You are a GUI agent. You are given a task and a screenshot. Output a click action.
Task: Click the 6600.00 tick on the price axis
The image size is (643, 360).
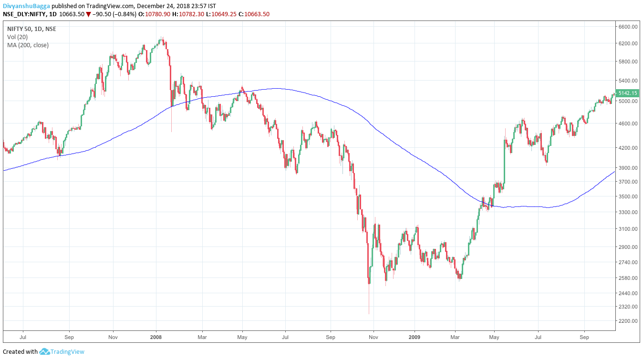[627, 27]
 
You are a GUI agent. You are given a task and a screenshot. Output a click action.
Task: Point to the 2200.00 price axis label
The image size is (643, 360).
[627, 321]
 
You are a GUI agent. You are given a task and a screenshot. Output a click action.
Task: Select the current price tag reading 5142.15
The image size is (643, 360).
[628, 93]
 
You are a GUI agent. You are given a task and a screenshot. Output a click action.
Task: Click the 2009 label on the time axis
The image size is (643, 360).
[415, 337]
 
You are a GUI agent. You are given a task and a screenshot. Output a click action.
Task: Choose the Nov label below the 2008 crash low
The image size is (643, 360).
[374, 337]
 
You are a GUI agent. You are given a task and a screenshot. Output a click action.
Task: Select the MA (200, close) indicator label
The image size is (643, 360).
[28, 45]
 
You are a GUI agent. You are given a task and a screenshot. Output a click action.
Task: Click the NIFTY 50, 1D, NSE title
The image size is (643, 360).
[31, 29]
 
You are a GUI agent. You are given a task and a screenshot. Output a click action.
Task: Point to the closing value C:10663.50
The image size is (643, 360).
[254, 14]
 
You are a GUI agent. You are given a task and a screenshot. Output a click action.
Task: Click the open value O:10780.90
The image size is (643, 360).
[154, 14]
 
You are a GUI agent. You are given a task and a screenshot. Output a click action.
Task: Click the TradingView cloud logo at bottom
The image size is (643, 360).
[44, 352]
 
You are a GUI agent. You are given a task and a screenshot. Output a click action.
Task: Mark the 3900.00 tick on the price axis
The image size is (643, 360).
[627, 168]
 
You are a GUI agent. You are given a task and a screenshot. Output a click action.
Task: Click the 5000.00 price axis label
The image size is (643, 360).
[627, 102]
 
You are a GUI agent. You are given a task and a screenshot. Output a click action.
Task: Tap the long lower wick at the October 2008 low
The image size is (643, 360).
[369, 300]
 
